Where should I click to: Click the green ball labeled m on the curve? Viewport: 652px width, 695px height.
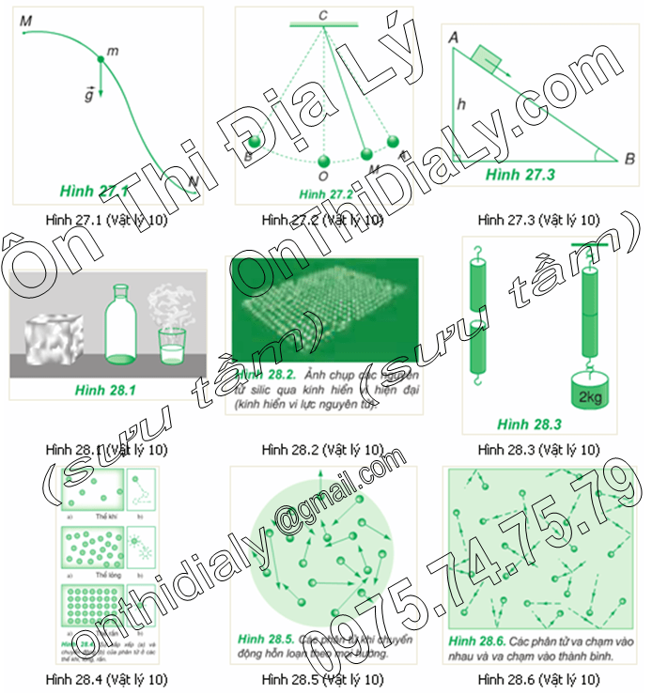click(x=101, y=61)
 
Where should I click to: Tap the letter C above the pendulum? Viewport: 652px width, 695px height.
click(x=322, y=14)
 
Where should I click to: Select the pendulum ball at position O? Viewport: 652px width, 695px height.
click(x=324, y=161)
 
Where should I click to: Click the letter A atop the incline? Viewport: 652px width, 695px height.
click(x=454, y=37)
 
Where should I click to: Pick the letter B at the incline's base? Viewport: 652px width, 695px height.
click(x=629, y=159)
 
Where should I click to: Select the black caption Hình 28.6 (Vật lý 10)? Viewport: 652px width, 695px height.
click(x=538, y=678)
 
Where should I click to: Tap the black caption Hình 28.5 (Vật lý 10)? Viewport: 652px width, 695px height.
click(x=322, y=678)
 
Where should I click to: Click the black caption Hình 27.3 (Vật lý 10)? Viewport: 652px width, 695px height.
click(x=538, y=220)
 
